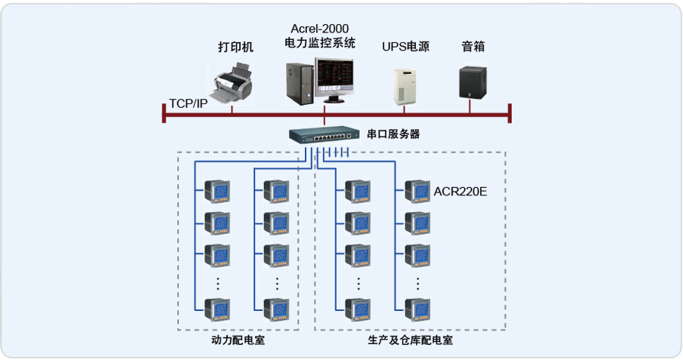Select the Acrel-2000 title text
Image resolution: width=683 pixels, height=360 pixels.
coord(320,29)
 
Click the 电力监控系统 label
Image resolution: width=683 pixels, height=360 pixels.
coord(320,43)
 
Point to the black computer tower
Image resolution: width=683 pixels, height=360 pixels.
coord(299,83)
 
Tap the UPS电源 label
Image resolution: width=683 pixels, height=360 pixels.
coord(405,47)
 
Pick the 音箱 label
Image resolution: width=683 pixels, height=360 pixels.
coord(473,47)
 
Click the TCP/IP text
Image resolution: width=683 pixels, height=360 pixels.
coord(188,103)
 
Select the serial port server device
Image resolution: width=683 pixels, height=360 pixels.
coord(322,136)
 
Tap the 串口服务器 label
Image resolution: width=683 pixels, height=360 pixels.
coord(393,134)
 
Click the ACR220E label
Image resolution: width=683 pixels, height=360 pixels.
coord(460,191)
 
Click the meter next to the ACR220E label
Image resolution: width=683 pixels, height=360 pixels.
coord(417,191)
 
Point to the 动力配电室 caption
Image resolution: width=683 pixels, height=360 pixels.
coord(238,341)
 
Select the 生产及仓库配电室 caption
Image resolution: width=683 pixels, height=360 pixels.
coord(411,341)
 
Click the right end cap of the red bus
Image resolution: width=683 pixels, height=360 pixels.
coord(511,113)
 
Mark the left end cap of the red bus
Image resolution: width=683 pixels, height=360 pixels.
coord(164,113)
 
